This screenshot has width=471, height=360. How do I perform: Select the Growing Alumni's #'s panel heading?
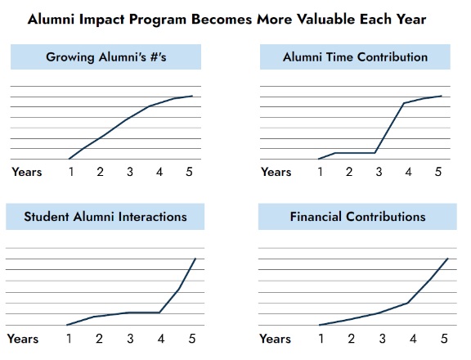point(105,57)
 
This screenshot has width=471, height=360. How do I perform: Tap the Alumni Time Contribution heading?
point(355,57)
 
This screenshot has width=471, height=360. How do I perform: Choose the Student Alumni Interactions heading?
point(105,217)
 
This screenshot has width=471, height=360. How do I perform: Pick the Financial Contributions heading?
point(357,217)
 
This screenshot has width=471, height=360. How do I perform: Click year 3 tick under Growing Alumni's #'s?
point(130,172)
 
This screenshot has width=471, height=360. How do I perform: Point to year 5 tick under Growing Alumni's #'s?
point(189,172)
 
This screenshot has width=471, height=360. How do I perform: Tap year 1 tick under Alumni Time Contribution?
point(321,172)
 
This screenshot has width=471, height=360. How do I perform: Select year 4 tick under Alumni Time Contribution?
point(409,172)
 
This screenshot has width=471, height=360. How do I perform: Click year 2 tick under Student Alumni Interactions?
point(99,339)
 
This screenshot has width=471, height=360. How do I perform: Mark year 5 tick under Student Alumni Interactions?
point(192,339)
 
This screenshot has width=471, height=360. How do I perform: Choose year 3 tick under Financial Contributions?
point(382,339)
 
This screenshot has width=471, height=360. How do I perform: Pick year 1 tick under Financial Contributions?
point(321,339)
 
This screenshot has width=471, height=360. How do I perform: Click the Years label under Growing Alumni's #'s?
point(27,172)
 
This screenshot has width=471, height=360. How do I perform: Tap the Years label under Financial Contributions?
point(275,339)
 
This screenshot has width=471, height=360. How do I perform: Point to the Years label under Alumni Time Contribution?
point(276,172)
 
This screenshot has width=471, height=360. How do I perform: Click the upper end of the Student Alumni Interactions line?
point(195,259)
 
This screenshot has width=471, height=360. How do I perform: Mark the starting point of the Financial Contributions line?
point(319,325)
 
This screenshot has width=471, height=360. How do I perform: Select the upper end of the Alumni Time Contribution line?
point(442,96)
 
